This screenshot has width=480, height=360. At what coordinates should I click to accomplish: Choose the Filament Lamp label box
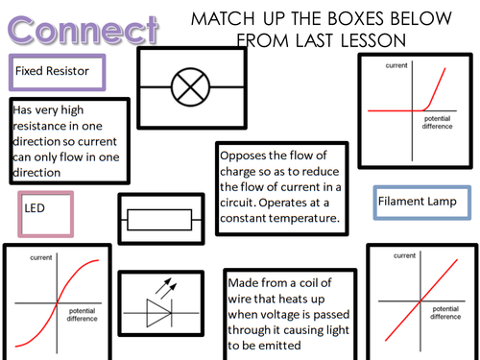click(x=422, y=202)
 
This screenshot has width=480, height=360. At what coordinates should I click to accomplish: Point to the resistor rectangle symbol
click(x=159, y=222)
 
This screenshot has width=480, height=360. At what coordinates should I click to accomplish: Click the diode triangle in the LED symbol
click(x=158, y=312)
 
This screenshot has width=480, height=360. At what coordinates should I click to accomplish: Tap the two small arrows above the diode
click(x=172, y=286)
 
